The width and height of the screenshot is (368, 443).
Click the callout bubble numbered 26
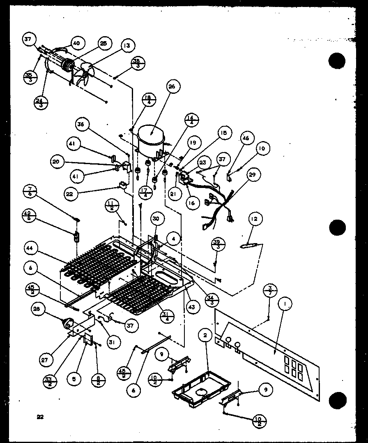(172, 87)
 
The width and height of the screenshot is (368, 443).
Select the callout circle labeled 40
(76, 43)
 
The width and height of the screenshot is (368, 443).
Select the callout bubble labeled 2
(204, 336)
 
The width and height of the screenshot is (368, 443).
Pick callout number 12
(254, 219)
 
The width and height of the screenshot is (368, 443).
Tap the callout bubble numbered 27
(44, 360)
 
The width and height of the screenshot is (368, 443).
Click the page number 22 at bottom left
(40, 417)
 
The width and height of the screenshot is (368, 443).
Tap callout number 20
(56, 162)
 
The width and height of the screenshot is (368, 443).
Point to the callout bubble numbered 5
(74, 378)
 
